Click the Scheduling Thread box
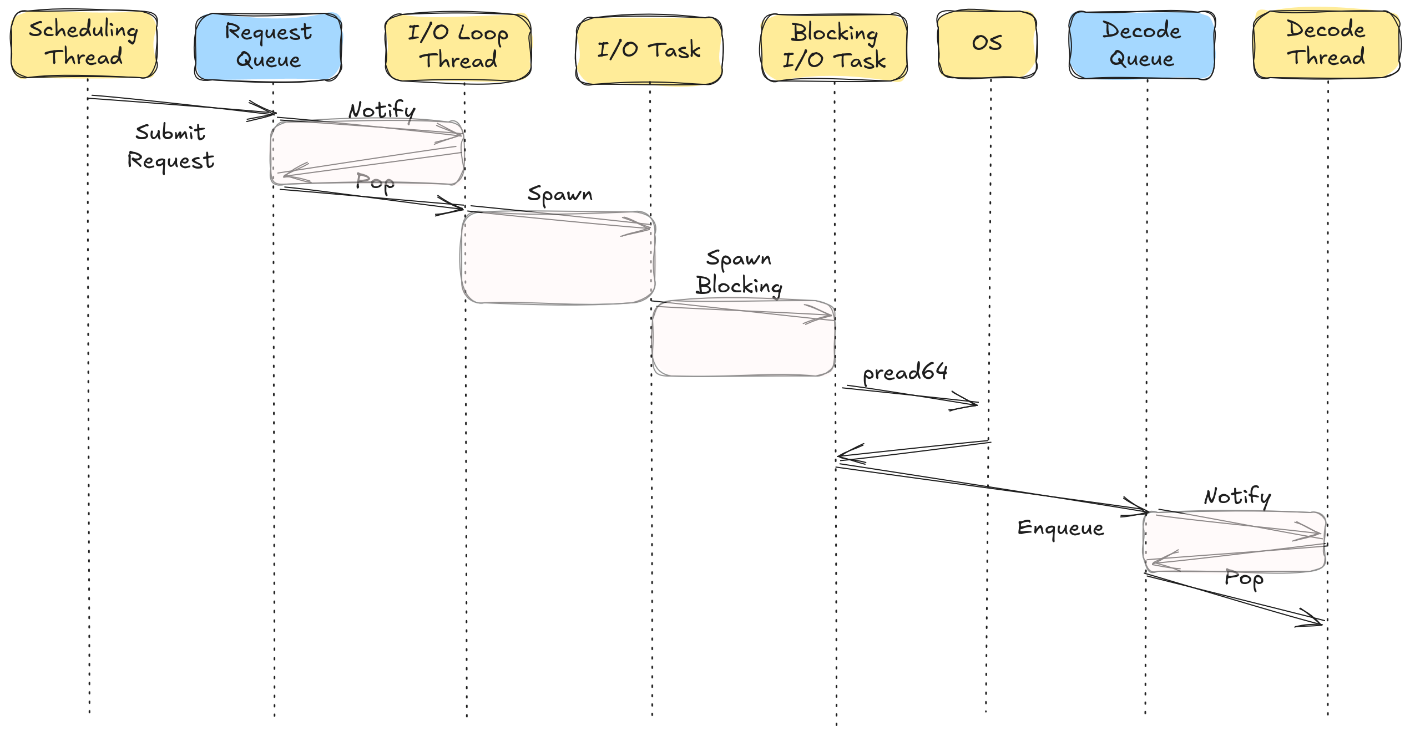point(84,44)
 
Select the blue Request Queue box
point(268,47)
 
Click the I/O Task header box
point(649,50)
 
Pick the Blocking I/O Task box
point(834,47)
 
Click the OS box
point(987,43)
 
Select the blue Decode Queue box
point(1141,45)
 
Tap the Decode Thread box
point(1326,44)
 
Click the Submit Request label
point(170,146)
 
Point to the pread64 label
point(905,372)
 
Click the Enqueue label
point(1060,528)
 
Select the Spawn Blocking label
point(739,272)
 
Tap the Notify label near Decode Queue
point(1237,496)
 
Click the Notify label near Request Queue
point(382,110)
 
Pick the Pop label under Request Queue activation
point(375,182)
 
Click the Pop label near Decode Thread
point(1244,578)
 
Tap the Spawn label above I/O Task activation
point(560,195)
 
